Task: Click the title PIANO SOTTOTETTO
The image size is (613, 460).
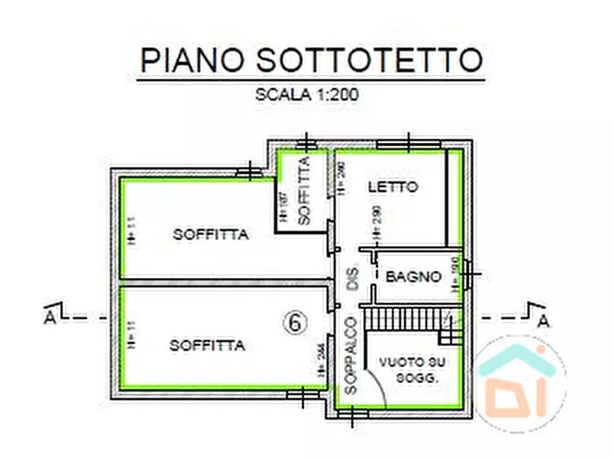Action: [311, 61]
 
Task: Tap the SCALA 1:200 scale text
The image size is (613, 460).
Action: [308, 95]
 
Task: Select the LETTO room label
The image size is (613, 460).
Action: [393, 187]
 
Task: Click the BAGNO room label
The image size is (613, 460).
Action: [413, 277]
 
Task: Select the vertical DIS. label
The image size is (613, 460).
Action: [354, 277]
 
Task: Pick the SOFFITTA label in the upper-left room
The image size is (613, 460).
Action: [210, 235]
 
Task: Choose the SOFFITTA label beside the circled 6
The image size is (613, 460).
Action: [207, 346]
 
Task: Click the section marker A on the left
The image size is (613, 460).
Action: [49, 318]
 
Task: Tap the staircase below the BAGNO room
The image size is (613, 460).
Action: [405, 319]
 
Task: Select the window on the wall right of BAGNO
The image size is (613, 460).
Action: [468, 276]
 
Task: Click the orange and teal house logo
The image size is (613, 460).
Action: [521, 382]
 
